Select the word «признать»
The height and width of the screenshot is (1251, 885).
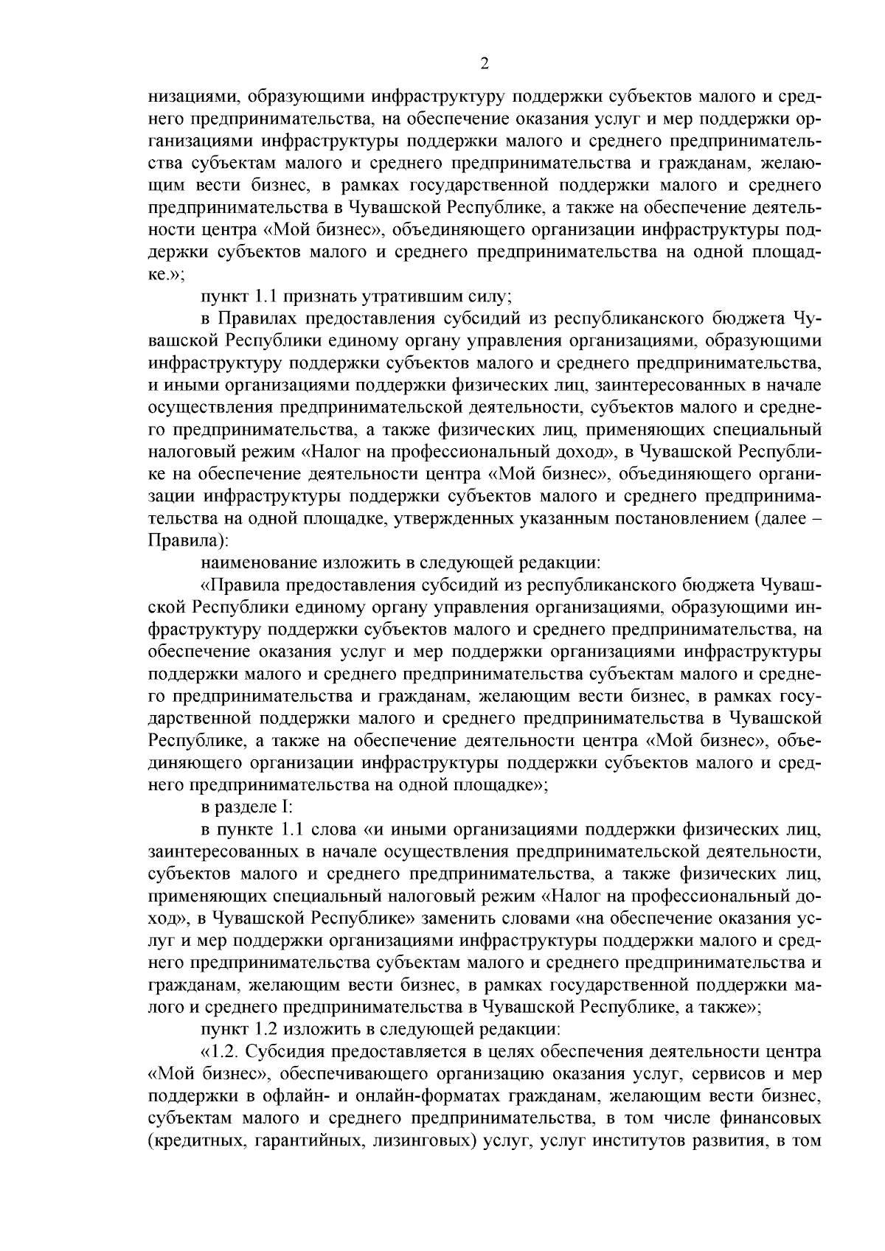[x=315, y=297]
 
